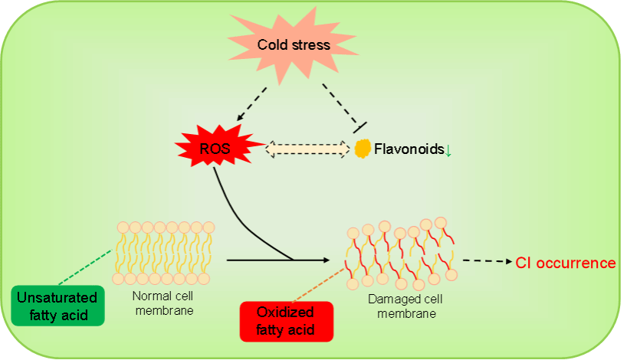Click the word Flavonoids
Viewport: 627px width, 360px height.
tap(409, 149)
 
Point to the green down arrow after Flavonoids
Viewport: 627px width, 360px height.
tap(448, 150)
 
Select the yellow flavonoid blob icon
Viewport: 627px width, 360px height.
tap(362, 148)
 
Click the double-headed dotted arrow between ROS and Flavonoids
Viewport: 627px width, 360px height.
tap(307, 149)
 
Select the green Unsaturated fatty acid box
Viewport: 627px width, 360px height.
tap(58, 305)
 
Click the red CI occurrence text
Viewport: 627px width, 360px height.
tap(565, 263)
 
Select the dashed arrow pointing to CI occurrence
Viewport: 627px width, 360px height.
tap(487, 261)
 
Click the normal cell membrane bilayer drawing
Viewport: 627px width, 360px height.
tap(164, 252)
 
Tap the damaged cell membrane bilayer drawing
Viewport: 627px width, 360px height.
tap(402, 254)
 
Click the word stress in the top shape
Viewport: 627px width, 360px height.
tap(311, 45)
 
